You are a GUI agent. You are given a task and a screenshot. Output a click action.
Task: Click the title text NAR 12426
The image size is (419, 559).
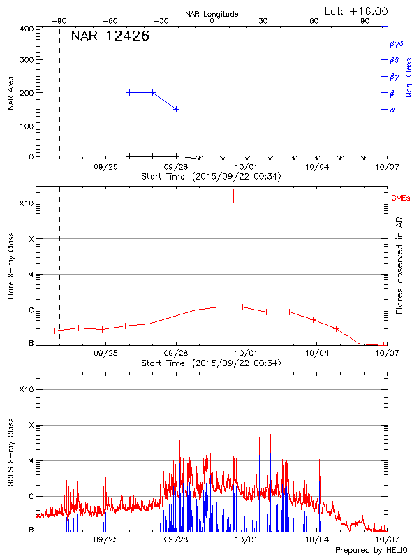[110, 36]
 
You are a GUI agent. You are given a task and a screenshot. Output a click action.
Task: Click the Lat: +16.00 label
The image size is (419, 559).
[358, 11]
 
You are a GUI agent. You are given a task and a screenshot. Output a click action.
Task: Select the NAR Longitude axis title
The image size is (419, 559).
[212, 14]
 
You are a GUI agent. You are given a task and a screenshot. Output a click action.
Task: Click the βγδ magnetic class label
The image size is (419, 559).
[396, 43]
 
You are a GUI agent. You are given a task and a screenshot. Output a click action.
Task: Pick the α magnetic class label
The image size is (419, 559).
[392, 110]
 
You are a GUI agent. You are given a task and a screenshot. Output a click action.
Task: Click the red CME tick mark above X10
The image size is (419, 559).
[233, 196]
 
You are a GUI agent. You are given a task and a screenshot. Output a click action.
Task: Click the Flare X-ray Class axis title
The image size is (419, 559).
[11, 267]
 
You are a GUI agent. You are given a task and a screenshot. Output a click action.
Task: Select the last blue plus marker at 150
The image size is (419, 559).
[177, 109]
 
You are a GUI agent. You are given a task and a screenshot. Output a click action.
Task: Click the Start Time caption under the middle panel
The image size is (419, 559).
[211, 363]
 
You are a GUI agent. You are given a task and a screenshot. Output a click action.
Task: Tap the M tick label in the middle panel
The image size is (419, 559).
[31, 275]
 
